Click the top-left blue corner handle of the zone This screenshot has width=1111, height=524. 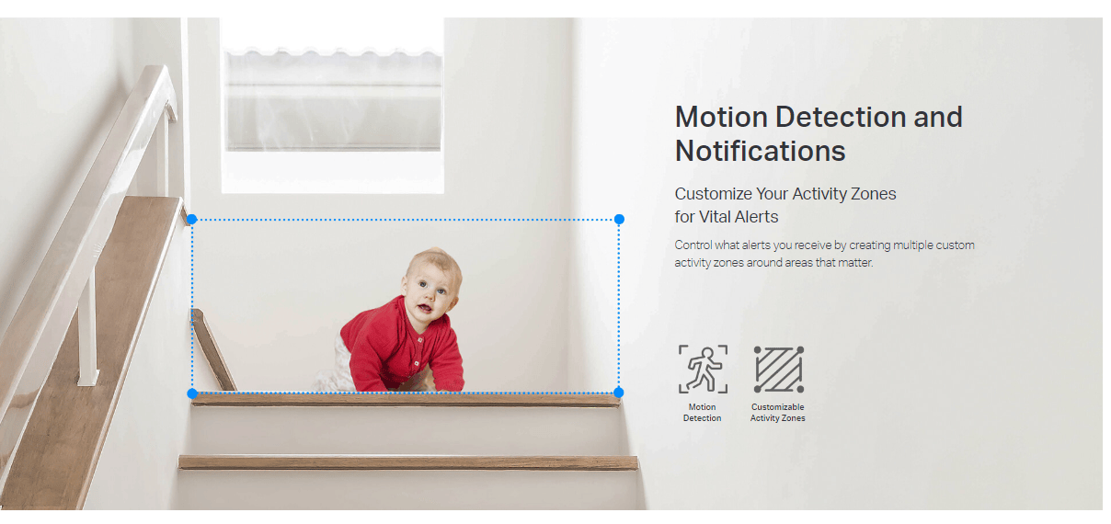pos(192,219)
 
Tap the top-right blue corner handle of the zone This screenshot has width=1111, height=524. pos(620,219)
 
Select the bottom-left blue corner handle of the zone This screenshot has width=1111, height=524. pos(192,393)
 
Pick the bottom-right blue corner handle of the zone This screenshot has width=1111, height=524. pos(618,393)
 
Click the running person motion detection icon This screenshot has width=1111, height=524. pos(704,370)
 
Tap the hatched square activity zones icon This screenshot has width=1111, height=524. pos(779,370)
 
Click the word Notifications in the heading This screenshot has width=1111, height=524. pos(761,151)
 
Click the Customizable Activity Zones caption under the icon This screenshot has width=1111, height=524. pos(778,413)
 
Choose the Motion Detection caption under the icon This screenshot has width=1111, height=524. pos(703,413)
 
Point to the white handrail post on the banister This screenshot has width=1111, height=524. pos(87,327)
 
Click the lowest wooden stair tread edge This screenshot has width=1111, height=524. pos(407,462)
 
